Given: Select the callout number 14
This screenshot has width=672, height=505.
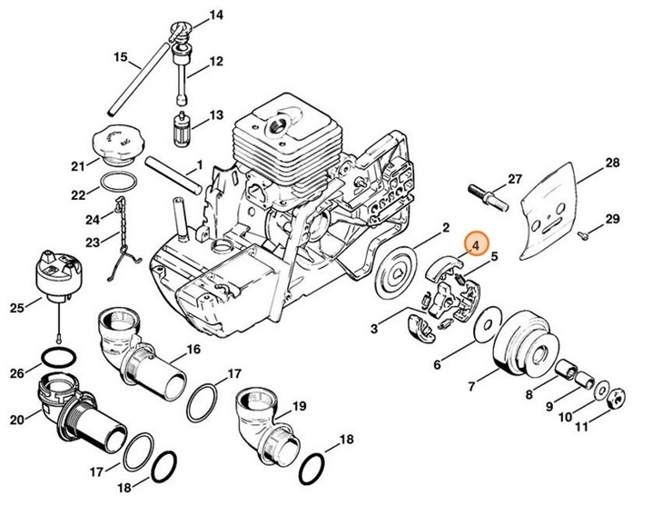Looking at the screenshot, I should pyautogui.click(x=215, y=15).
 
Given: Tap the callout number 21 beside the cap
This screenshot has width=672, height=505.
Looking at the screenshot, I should pyautogui.click(x=79, y=165).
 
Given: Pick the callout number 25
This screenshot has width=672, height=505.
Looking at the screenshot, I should pyautogui.click(x=16, y=308).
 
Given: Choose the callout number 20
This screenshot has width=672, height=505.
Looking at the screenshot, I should pyautogui.click(x=16, y=419).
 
